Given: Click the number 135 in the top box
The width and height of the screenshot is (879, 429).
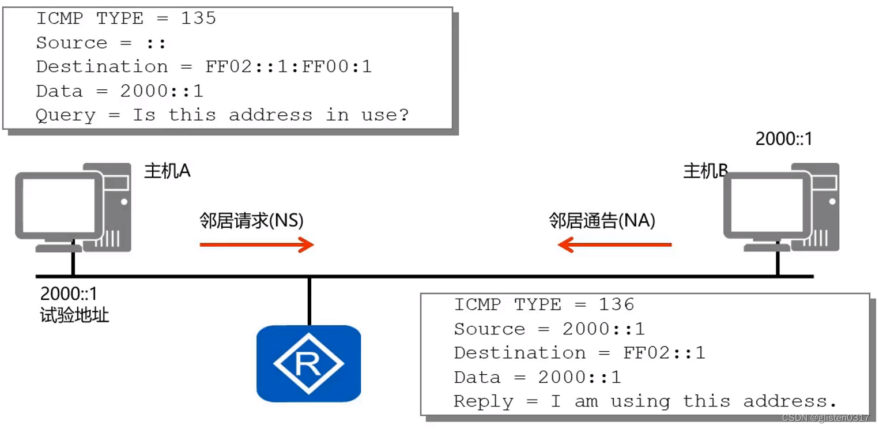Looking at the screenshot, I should [199, 18].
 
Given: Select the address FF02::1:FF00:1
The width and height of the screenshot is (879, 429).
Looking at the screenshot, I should [289, 67].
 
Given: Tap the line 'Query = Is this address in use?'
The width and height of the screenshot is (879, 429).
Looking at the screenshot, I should [222, 115].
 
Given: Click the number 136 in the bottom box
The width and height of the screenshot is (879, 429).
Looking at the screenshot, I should [616, 304].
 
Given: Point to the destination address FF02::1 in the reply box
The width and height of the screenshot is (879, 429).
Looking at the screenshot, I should [664, 353].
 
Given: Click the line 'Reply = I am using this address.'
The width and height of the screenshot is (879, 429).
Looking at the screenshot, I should [644, 401].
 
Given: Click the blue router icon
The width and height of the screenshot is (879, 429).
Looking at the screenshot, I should [308, 363].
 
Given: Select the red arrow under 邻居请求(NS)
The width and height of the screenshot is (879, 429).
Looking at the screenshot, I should [256, 244].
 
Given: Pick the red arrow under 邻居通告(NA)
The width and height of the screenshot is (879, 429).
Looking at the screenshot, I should [614, 244].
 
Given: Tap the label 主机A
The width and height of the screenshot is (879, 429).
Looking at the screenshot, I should [167, 171].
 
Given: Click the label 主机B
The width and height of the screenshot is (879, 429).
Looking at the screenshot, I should [705, 171].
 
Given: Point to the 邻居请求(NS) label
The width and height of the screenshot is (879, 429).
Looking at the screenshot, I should [251, 221].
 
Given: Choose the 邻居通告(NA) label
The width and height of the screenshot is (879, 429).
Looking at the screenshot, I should [602, 221].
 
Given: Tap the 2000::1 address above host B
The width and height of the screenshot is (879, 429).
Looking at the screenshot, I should [783, 139].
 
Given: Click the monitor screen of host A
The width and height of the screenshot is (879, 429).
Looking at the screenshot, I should [59, 204].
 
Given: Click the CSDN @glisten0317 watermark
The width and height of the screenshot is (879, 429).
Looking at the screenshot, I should [825, 418].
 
